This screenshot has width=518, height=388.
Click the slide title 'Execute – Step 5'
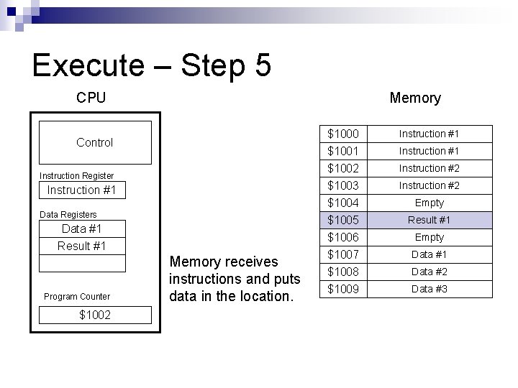coord(152,65)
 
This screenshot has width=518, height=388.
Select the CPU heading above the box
coord(91,98)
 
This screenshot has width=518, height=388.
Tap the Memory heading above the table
coord(414,98)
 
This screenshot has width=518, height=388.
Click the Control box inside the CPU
coord(95,142)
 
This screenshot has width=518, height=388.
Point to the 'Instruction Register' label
coord(76,175)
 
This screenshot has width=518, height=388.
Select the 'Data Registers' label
coord(68,214)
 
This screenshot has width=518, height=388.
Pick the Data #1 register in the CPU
coord(81,229)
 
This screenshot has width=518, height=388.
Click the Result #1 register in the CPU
coord(81,246)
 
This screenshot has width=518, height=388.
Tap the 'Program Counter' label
coord(77,296)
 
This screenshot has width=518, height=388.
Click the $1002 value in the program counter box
coord(94,315)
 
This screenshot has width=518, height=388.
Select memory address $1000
coord(342,134)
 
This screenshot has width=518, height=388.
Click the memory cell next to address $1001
coord(429,151)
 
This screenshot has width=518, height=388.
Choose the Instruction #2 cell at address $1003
coord(429,185)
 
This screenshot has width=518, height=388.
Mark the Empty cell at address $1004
coord(430,203)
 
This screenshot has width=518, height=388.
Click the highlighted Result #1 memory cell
coord(430,220)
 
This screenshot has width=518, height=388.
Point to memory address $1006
coord(342,237)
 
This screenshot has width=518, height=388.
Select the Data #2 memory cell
coord(430,272)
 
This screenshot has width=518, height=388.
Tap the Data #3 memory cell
coord(430,289)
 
